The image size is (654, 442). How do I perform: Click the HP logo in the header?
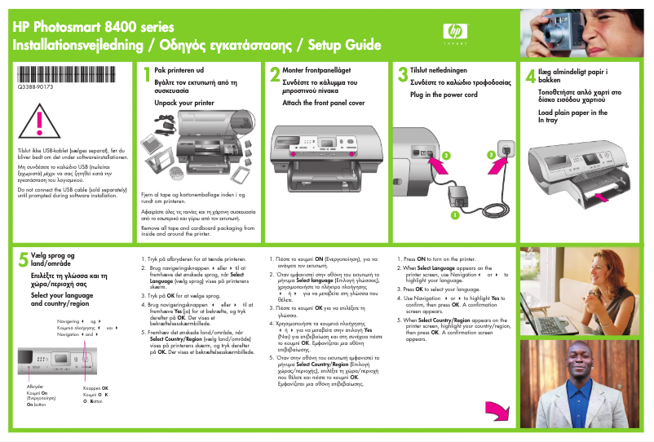[454, 32]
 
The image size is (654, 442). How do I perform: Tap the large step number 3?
[402, 76]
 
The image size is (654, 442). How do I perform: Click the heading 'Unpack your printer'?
[183, 104]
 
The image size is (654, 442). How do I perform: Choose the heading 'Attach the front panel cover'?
[324, 104]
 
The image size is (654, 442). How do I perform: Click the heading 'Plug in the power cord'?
[444, 95]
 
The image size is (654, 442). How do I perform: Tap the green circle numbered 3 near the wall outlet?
[491, 154]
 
